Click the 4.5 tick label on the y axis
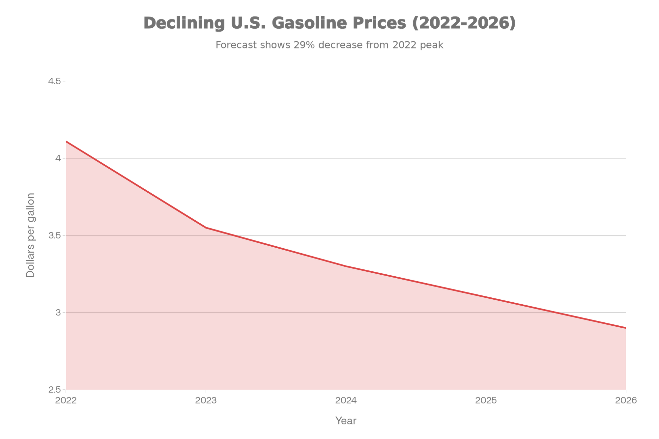[54, 81]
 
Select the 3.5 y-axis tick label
[54, 235]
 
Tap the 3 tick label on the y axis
[59, 313]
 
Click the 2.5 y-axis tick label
[54, 390]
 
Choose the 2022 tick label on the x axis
[66, 400]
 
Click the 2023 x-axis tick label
[206, 400]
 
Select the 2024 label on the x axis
[346, 400]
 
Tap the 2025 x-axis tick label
[486, 400]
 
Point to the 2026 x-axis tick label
[626, 400]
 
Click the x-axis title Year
[346, 421]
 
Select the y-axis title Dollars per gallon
[31, 235]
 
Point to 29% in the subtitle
[304, 45]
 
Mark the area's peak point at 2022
[66, 141]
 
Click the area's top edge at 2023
[206, 226]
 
